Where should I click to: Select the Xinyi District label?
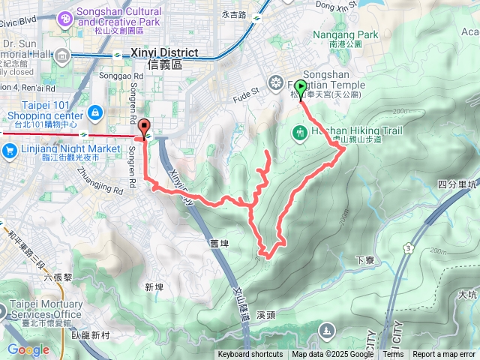tap(164, 53)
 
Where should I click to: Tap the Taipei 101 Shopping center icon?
tap(95, 112)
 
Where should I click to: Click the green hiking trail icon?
tap(300, 133)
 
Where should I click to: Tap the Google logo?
tap(28, 349)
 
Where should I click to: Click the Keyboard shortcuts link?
tap(250, 355)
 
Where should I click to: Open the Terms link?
tap(393, 355)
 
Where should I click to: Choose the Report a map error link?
tap(444, 355)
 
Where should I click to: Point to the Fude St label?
tap(245, 91)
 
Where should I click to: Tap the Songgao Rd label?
tap(126, 76)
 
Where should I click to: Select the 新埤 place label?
tap(154, 286)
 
